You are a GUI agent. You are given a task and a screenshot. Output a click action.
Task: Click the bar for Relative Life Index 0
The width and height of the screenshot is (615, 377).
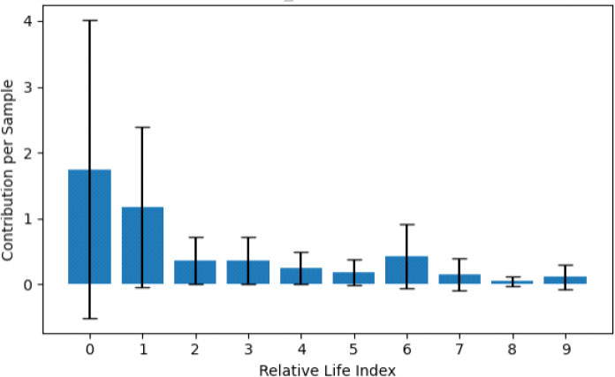pos(89,227)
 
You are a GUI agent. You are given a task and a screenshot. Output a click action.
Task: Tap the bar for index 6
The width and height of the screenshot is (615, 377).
pos(406,270)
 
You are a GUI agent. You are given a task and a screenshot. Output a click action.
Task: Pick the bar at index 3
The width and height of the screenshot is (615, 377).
pos(248,272)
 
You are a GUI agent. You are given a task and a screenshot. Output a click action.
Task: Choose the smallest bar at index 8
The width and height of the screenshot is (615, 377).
pos(512,283)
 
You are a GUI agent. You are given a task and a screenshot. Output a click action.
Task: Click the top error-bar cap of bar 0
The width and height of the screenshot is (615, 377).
pos(89,20)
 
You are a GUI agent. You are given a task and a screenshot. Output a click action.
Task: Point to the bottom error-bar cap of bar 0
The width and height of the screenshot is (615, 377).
pos(89,318)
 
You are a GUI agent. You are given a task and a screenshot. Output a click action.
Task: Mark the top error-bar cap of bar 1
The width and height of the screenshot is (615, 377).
pos(142,127)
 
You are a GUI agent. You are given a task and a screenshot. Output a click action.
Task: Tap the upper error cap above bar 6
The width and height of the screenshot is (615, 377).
pos(406,224)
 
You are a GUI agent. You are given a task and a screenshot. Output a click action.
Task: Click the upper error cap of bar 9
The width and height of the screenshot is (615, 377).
pos(566,265)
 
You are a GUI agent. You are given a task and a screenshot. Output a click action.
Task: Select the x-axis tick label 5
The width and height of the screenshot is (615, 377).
pos(353,349)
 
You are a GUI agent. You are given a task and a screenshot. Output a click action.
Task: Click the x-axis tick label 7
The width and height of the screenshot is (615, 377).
pos(459,349)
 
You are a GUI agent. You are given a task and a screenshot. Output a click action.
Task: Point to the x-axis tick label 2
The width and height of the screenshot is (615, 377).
pos(195,349)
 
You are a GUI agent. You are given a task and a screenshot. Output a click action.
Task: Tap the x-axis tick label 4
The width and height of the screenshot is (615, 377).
pos(301,349)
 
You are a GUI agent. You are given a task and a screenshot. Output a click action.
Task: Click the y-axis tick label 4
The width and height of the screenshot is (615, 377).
pos(28,21)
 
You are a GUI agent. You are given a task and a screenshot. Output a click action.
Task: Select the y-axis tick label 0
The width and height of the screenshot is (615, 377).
pos(28,284)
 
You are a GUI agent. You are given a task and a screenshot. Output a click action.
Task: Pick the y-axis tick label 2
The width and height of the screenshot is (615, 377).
pos(28,153)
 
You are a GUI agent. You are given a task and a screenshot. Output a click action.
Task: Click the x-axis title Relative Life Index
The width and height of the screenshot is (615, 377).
pos(327,367)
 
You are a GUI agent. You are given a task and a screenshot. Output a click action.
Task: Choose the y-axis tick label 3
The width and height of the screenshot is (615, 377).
pos(28,87)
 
